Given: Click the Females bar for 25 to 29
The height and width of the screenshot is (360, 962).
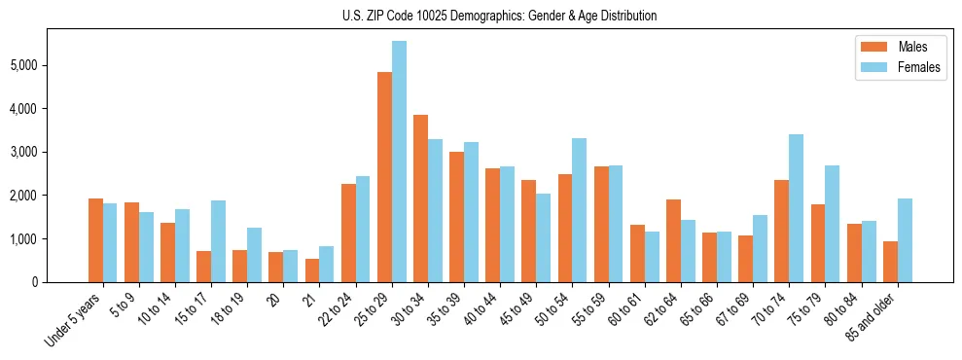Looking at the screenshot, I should (x=400, y=162).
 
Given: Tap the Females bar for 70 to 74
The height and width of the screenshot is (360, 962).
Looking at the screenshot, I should (x=797, y=208).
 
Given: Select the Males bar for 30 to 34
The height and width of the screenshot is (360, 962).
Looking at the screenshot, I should (x=421, y=198).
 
